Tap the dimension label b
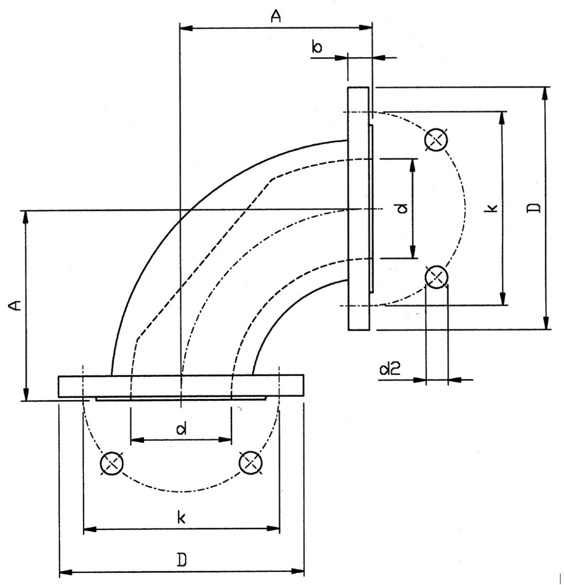tap(317, 47)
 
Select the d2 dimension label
tap(388, 369)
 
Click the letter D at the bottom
tap(183, 560)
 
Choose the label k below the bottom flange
tap(181, 517)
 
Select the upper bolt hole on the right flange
tap(435, 140)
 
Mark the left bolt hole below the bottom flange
tap(111, 464)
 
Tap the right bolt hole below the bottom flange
tap(250, 464)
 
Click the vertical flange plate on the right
tap(359, 208)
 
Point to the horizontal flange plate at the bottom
tap(181, 386)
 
